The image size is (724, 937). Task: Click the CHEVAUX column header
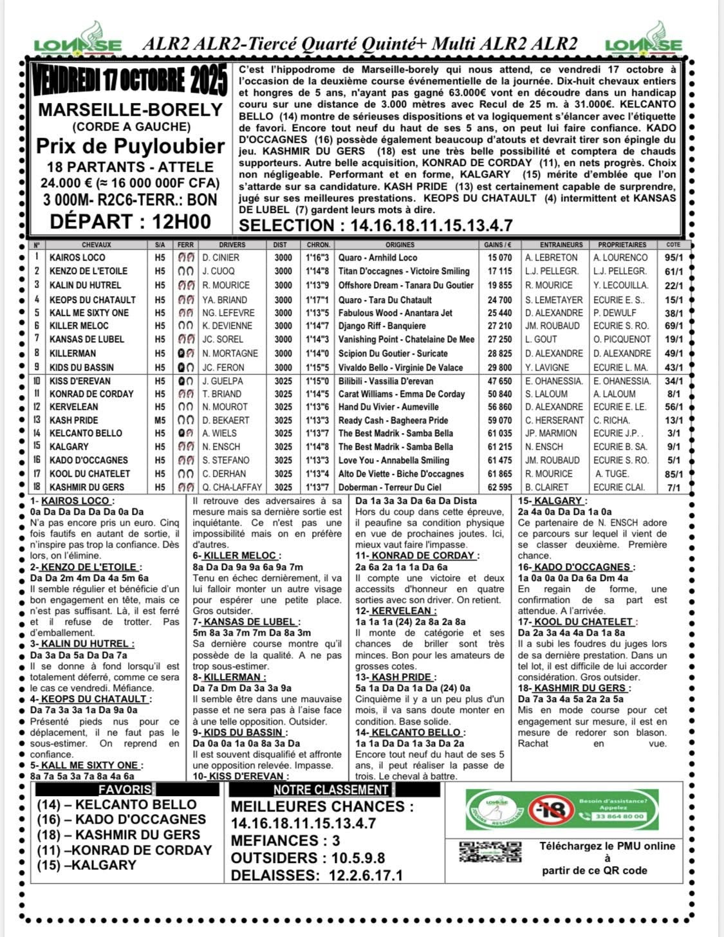(97, 245)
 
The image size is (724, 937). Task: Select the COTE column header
(673, 245)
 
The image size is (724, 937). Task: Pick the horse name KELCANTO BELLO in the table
(86, 434)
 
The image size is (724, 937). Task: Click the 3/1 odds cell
(674, 434)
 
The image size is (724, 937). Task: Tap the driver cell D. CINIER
(221, 257)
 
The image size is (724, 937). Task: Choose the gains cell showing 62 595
(500, 487)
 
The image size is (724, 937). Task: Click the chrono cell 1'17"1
(318, 300)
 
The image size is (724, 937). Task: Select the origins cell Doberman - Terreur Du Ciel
(390, 487)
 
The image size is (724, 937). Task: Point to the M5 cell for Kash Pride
(160, 420)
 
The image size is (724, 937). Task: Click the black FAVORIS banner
(125, 790)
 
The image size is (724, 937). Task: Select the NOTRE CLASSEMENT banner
(331, 790)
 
